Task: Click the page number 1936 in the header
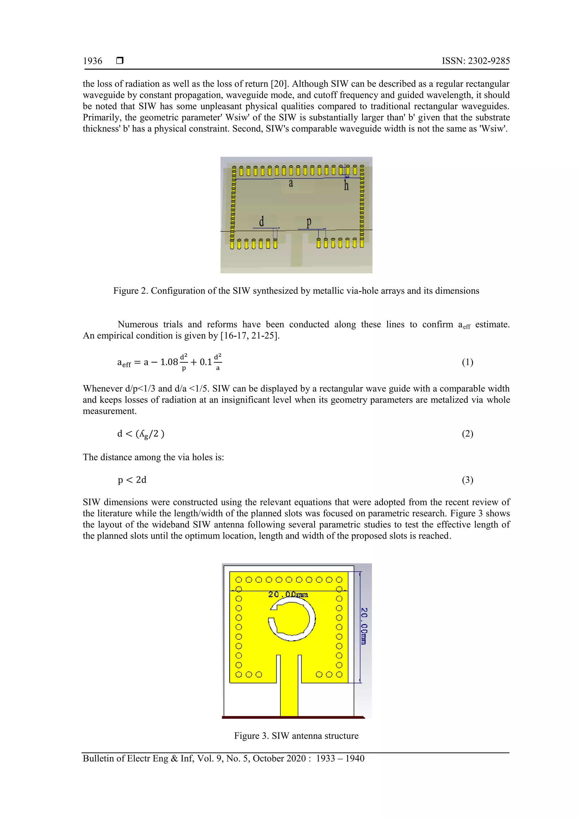pyautogui.click(x=92, y=61)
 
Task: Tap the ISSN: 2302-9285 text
pyautogui.click(x=476, y=61)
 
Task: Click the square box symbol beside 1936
pyautogui.click(x=120, y=60)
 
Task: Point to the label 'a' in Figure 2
pyautogui.click(x=291, y=183)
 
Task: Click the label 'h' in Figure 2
pyautogui.click(x=346, y=185)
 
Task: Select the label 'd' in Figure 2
pyautogui.click(x=262, y=222)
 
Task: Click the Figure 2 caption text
pyautogui.click(x=296, y=291)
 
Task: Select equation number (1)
pyautogui.click(x=467, y=362)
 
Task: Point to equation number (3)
pyautogui.click(x=467, y=480)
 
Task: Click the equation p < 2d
pyautogui.click(x=132, y=480)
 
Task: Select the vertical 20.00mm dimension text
pyautogui.click(x=364, y=626)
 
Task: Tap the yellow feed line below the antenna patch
pyautogui.click(x=289, y=699)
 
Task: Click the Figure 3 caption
pyautogui.click(x=296, y=736)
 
